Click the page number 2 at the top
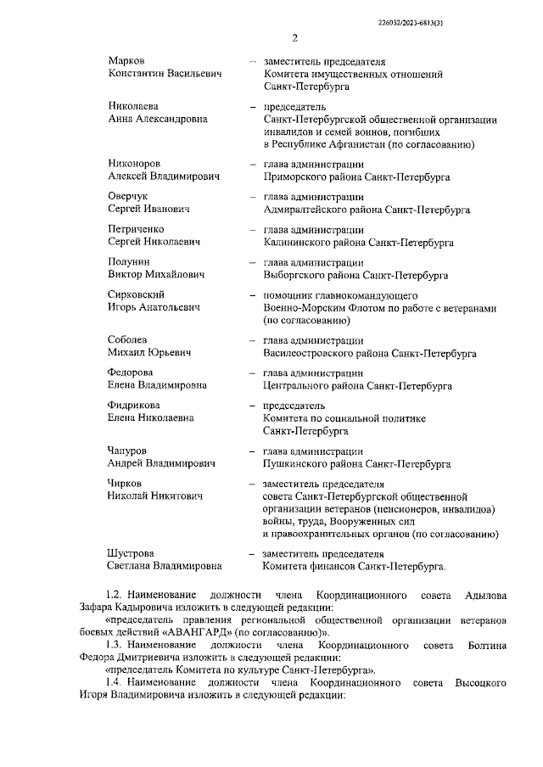click(294, 38)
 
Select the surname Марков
click(126, 62)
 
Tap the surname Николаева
click(132, 107)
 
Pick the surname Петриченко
click(136, 229)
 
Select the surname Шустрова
click(131, 552)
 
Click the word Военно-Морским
click(305, 308)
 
